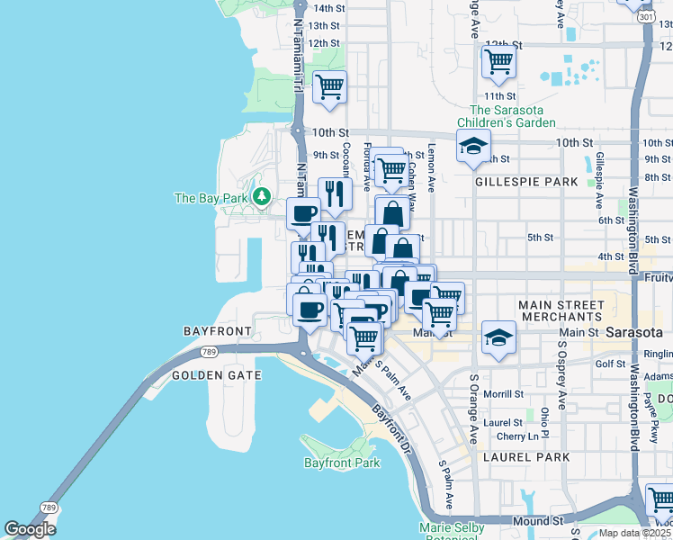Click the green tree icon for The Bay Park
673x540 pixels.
tap(263, 195)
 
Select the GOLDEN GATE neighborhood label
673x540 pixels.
tap(216, 375)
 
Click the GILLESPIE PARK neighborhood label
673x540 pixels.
tap(525, 182)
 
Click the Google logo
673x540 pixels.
tap(30, 529)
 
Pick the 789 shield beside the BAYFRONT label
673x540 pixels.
tap(210, 351)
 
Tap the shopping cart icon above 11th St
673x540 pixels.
tap(498, 61)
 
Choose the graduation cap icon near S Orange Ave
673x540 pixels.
tap(498, 337)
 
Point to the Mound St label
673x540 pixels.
tap(538, 521)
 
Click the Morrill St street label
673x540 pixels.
tap(503, 394)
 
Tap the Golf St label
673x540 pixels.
tap(609, 364)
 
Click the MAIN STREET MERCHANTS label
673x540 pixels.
tap(561, 311)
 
